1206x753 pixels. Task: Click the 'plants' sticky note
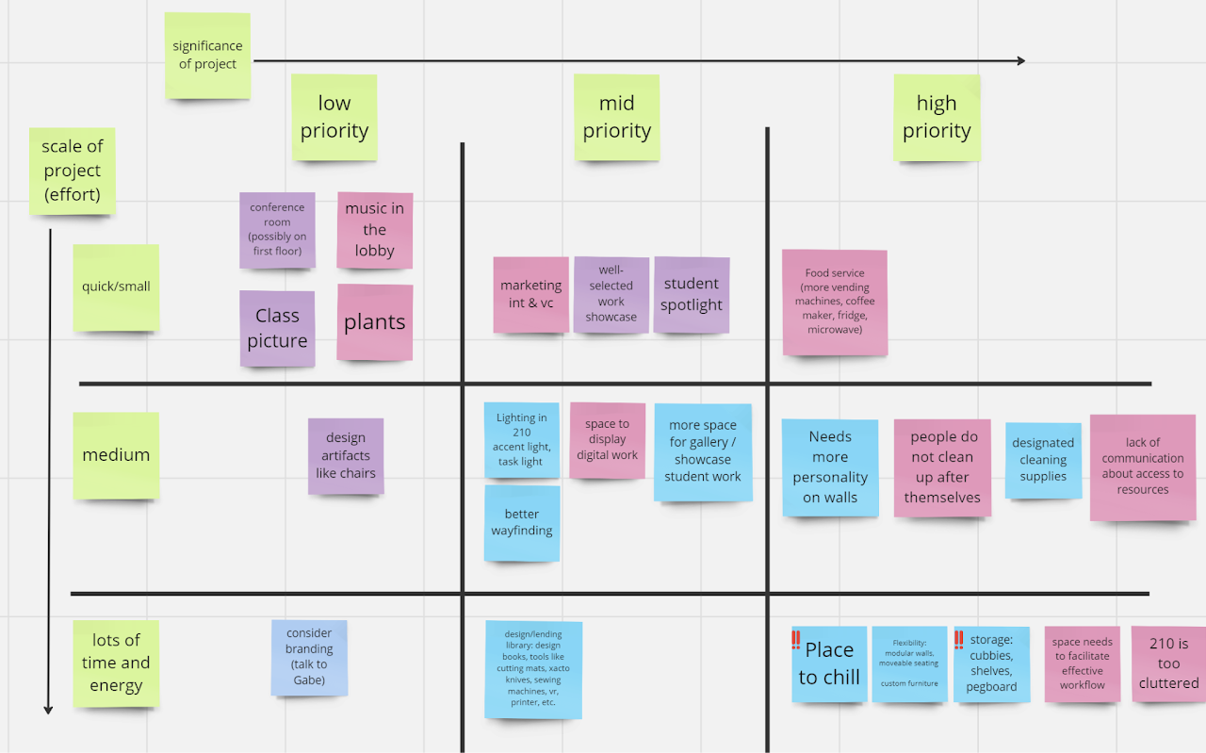pos(374,322)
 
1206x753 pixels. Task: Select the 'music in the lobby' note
pos(374,230)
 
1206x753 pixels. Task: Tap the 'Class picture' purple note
pos(277,328)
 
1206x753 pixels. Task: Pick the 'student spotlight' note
pos(691,294)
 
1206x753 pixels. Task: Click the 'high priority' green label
pos(936,118)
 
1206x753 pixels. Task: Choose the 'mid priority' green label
pos(616,118)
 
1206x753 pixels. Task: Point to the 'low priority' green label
pos(334,118)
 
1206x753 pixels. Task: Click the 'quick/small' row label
pos(116,287)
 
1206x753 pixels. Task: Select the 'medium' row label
pos(116,455)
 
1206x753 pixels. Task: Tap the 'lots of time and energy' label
pos(116,663)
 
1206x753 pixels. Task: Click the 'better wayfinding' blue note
pos(522,523)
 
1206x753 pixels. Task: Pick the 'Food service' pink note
pos(834,303)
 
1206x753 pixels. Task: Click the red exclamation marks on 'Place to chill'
pos(796,641)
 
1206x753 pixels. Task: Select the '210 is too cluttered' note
pos(1168,663)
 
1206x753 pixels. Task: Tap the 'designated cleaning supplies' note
pos(1043,460)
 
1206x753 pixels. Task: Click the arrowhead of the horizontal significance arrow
pos(1020,61)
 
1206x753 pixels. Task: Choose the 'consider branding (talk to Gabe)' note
pos(309,657)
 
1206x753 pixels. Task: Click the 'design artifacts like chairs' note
pos(346,456)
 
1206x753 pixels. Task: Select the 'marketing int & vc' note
pos(530,294)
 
